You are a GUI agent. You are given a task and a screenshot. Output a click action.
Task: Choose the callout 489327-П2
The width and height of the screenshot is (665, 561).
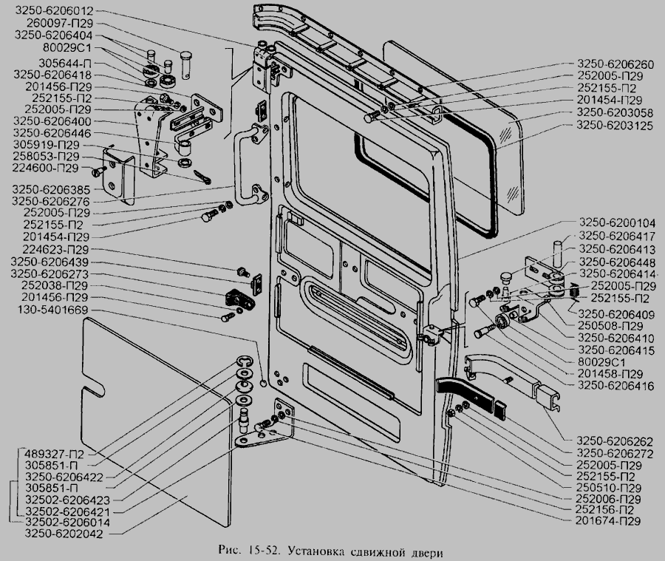50,452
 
